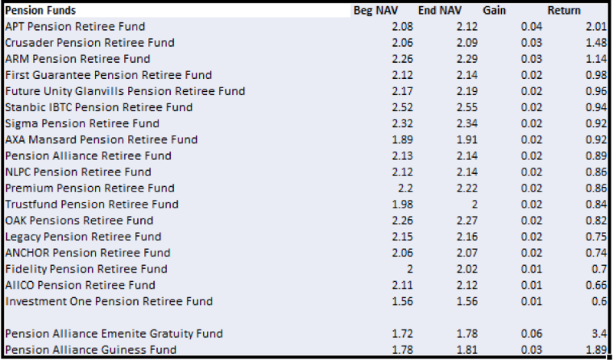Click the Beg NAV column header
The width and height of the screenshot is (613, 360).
[x=375, y=10]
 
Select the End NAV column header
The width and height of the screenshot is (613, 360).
[x=440, y=10]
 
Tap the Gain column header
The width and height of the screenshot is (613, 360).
[x=494, y=10]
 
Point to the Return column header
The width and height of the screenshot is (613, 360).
[x=564, y=10]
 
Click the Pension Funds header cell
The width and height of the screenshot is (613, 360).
[x=41, y=10]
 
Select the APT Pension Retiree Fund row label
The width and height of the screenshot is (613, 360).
[x=75, y=27]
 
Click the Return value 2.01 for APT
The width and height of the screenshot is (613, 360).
[x=596, y=27]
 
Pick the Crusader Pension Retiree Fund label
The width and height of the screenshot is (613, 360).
[x=90, y=43]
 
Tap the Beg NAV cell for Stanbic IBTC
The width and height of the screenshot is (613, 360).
[x=402, y=107]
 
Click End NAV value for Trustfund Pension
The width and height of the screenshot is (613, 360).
[x=474, y=205]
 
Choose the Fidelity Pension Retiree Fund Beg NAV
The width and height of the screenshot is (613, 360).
[x=409, y=269]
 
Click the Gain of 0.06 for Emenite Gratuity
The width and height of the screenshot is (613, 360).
[x=531, y=334]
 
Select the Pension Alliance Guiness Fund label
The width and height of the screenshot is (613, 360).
[x=90, y=349]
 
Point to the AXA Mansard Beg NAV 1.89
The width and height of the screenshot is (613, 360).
[x=402, y=139]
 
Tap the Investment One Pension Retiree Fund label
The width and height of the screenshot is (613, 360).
[x=109, y=301]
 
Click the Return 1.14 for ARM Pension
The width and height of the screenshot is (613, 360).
[x=596, y=59]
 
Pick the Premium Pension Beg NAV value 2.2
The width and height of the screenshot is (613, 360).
[x=405, y=188]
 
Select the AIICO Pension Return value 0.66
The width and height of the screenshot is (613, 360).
[x=596, y=285]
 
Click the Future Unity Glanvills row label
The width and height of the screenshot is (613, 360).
[x=125, y=91]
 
